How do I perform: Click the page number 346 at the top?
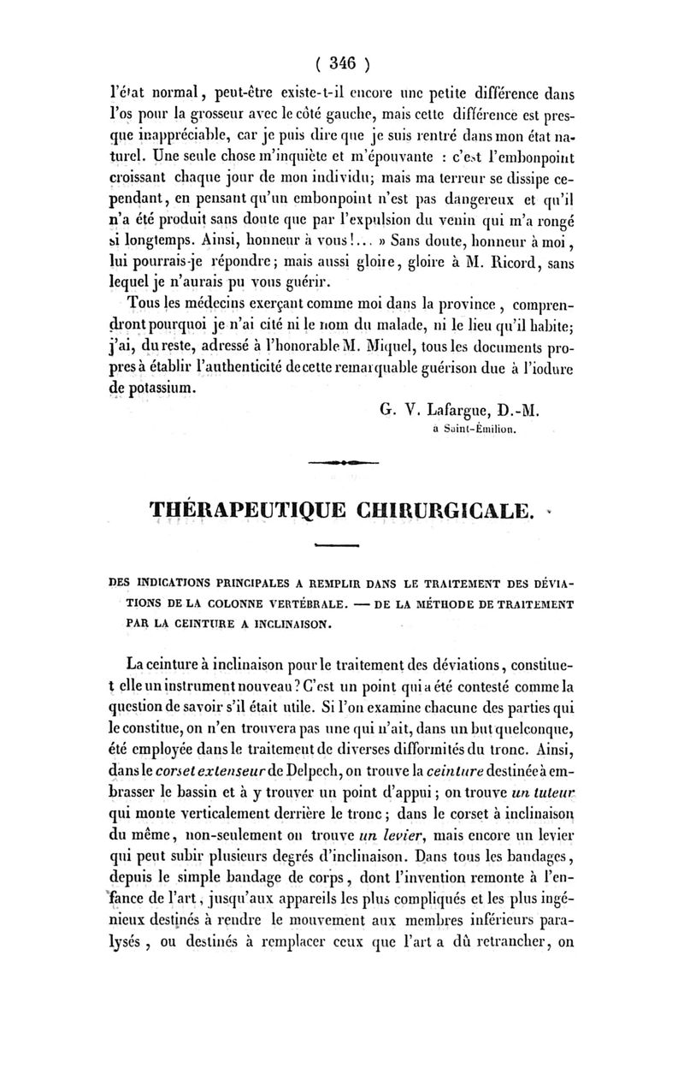point(342,62)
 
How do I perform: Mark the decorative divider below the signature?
point(344,463)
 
